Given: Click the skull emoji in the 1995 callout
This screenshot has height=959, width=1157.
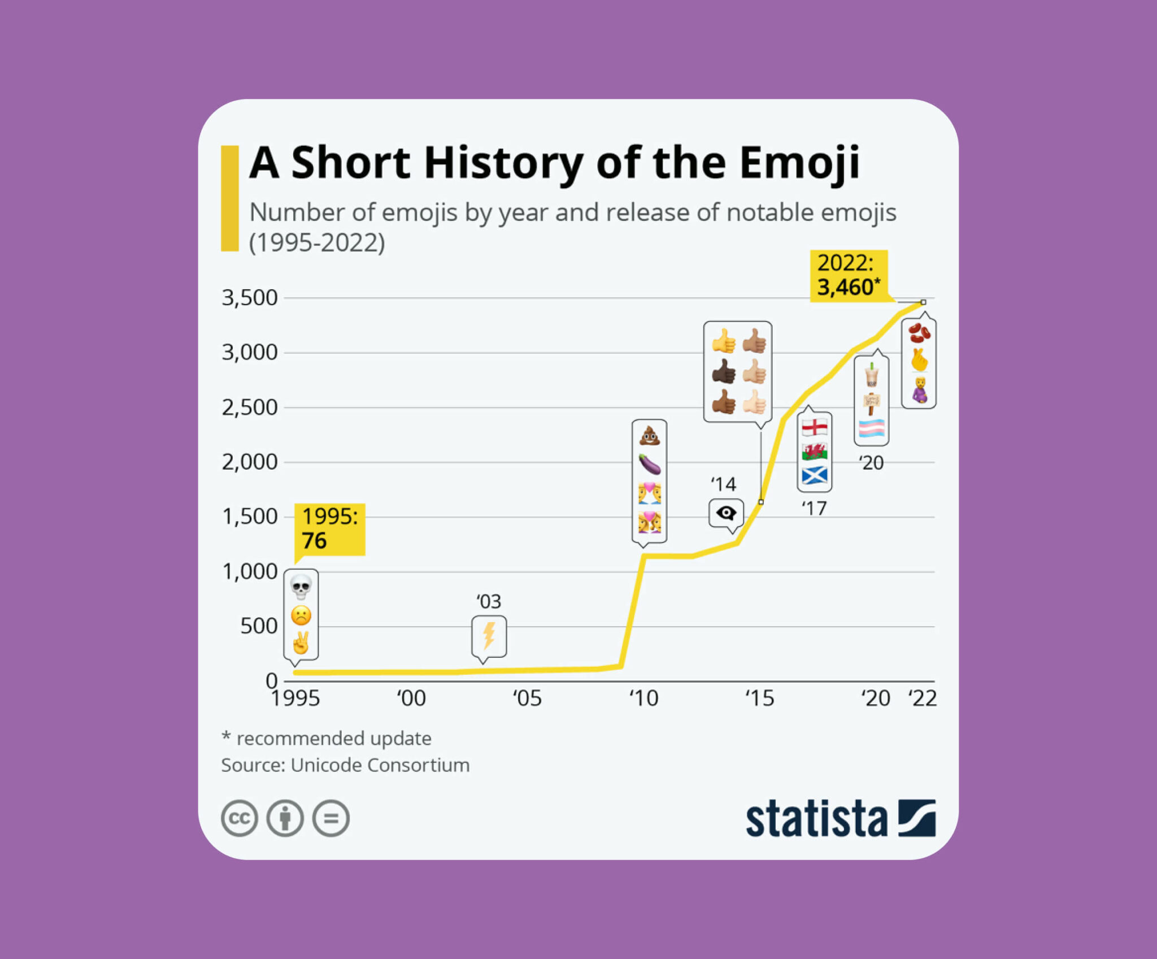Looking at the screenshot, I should coord(301,587).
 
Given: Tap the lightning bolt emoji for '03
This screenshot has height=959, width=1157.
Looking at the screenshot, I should coord(489,635).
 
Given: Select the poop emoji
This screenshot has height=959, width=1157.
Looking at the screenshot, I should coord(649,436).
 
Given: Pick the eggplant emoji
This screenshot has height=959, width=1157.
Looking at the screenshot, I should coord(649,463).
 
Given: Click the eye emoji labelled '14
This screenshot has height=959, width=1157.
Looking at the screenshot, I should coord(726,513).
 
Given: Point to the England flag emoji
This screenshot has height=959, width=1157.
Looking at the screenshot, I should coord(814,427).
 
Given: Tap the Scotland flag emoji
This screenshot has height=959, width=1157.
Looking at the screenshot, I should coord(814,476).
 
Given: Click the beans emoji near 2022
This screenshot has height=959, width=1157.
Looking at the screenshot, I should coord(919,333).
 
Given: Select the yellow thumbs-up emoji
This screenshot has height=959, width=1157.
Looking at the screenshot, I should coord(723,341).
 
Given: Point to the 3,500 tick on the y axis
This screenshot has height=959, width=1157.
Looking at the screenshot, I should coord(249,298).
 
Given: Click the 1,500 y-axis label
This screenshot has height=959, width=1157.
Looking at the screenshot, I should coord(249,517).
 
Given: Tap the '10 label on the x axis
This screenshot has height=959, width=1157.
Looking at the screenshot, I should coord(643,698).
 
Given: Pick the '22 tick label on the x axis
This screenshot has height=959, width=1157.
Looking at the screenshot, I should coord(922,698).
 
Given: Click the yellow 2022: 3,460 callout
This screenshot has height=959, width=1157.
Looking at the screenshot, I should coord(848,276).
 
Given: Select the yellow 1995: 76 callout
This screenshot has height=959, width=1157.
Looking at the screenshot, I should coord(330,529).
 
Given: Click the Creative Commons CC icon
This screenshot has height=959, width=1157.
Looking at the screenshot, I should coord(240,818).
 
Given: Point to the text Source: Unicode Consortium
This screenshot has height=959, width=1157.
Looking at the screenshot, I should coord(345,765).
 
